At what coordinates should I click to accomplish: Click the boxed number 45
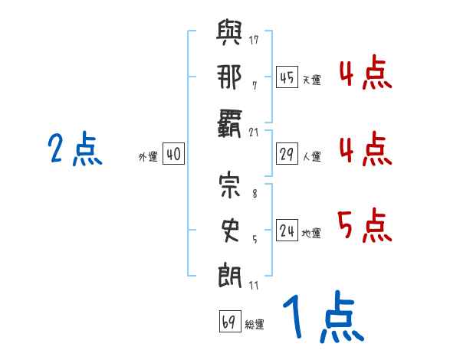[286, 77]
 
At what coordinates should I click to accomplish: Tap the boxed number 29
[286, 155]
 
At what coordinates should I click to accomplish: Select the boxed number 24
[287, 231]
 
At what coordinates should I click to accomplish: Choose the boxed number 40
[173, 155]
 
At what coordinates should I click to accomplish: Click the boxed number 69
[228, 322]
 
